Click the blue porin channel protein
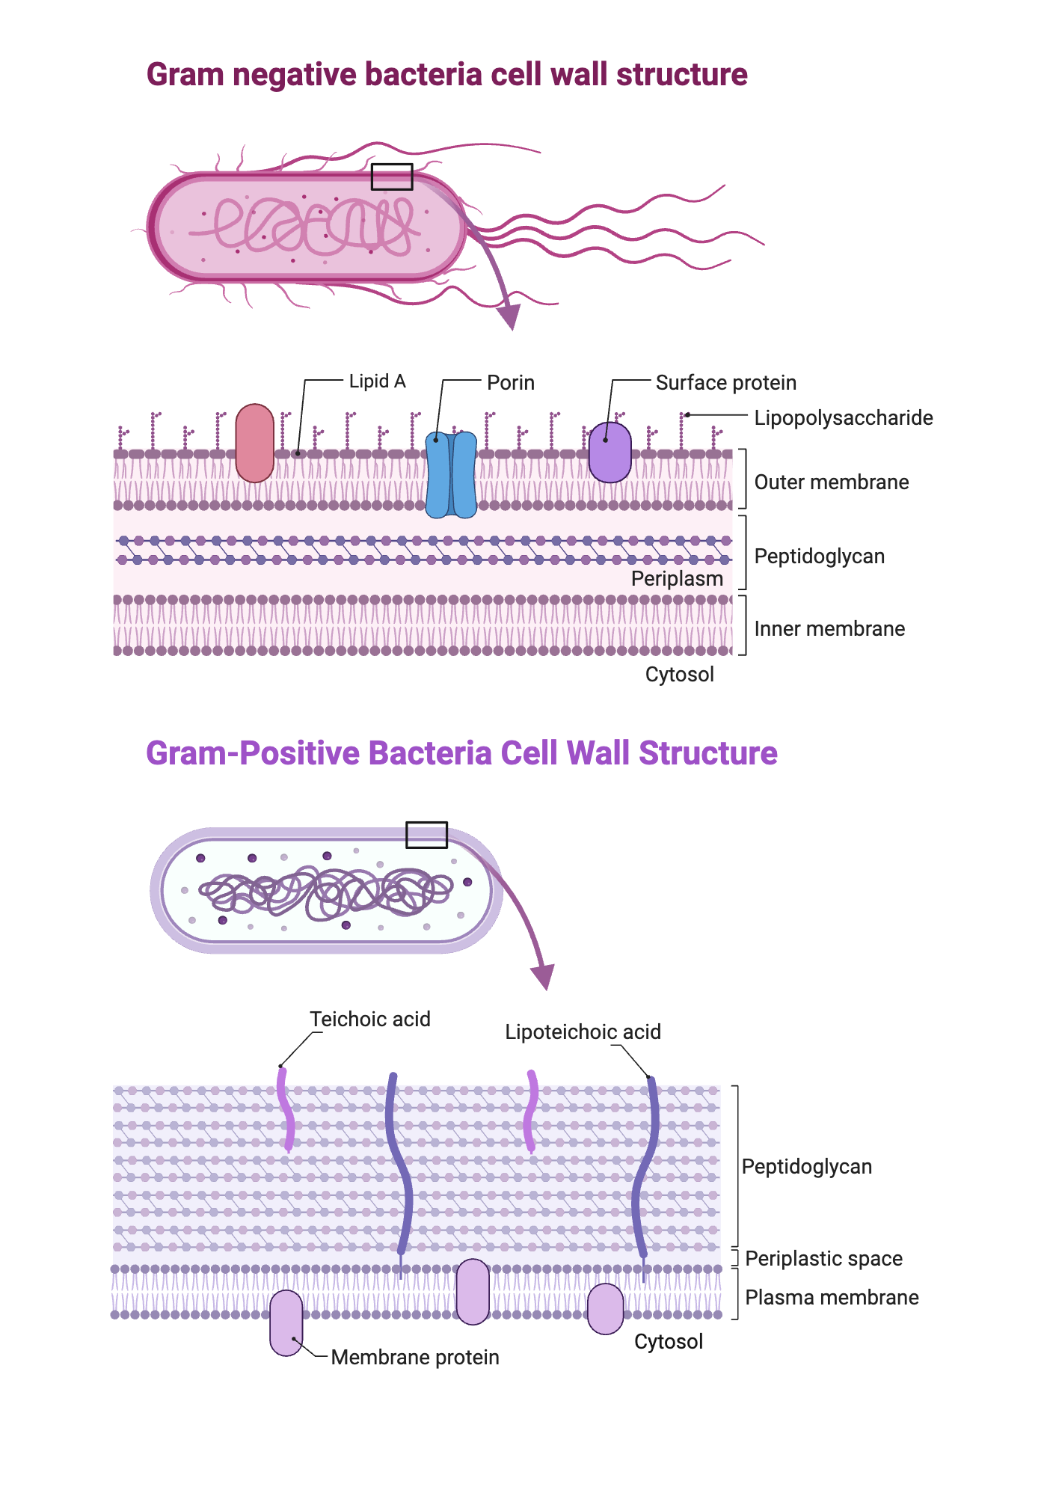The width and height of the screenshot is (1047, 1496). (451, 475)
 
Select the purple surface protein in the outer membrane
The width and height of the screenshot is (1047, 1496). (610, 453)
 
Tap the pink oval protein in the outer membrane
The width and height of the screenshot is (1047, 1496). (254, 444)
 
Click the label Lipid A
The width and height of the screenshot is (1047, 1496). (377, 381)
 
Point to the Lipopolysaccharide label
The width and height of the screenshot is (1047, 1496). (843, 417)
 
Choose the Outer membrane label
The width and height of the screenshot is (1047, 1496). (831, 482)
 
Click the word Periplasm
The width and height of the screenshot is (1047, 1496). (677, 579)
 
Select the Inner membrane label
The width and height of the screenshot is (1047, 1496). (829, 629)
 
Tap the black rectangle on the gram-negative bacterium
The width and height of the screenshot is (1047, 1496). (392, 177)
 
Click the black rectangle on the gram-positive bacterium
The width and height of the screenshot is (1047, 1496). (426, 835)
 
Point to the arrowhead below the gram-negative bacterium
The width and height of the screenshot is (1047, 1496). (509, 317)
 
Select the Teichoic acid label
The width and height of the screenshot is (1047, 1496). (370, 1020)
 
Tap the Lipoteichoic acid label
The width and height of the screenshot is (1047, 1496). (583, 1032)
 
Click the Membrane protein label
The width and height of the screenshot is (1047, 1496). (415, 1358)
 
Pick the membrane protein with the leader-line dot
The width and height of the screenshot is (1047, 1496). (286, 1322)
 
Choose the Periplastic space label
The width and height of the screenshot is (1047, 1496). (823, 1259)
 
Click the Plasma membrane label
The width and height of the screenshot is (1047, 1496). (832, 1298)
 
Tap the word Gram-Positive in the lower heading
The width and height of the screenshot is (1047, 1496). (253, 753)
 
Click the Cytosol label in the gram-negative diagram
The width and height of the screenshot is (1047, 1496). (679, 675)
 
